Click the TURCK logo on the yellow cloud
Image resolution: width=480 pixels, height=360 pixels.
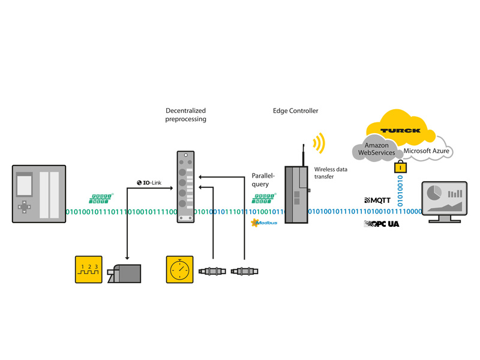(400, 130)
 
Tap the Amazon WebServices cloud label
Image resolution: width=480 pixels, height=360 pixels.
(376, 149)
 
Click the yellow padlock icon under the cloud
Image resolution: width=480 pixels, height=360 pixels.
(397, 169)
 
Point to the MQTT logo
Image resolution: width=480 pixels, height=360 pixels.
(380, 200)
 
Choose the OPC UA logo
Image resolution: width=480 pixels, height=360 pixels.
(382, 223)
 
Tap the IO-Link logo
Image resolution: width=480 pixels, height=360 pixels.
(150, 182)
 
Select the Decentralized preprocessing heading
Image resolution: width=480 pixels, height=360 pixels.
(186, 115)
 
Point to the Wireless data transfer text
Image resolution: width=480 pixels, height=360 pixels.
(331, 173)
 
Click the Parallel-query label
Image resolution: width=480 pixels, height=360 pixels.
(263, 180)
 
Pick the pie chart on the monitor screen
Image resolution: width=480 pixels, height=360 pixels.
(434, 193)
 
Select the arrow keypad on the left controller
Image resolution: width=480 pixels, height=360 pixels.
(24, 207)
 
